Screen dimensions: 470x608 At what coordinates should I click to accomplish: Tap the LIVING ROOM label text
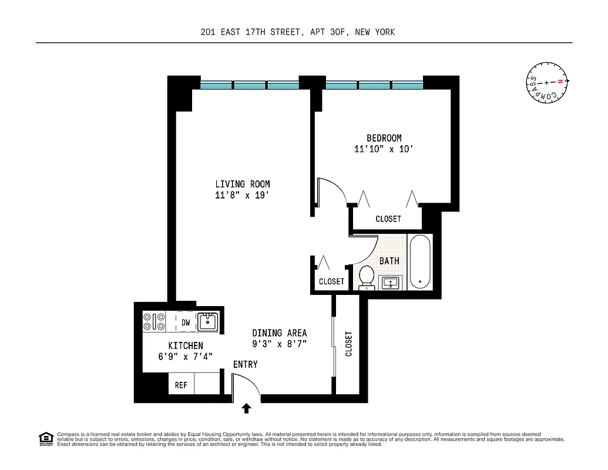(242, 184)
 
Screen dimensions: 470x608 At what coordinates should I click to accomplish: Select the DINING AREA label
(279, 333)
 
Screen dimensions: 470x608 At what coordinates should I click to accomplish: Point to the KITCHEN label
(186, 345)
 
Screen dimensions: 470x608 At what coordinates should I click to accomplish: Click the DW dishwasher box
(186, 322)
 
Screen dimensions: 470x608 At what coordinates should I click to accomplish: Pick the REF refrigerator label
(181, 385)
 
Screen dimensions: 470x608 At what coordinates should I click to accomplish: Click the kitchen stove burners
(154, 322)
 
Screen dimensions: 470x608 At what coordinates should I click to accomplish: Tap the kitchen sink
(207, 321)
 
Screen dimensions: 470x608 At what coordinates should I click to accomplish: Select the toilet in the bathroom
(367, 277)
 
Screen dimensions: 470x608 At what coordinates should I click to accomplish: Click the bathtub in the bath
(420, 261)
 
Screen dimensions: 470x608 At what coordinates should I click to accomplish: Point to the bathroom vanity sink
(390, 283)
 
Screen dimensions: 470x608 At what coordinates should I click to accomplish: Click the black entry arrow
(247, 408)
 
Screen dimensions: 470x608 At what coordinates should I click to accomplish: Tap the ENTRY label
(245, 364)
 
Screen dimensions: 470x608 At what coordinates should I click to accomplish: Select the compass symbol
(546, 82)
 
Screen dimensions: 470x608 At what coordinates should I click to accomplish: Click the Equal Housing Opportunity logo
(45, 438)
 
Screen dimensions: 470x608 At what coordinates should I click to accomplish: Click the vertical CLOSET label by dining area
(349, 344)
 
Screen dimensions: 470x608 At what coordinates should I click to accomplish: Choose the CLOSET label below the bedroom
(388, 219)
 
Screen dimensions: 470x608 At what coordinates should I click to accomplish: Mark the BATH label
(389, 261)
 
